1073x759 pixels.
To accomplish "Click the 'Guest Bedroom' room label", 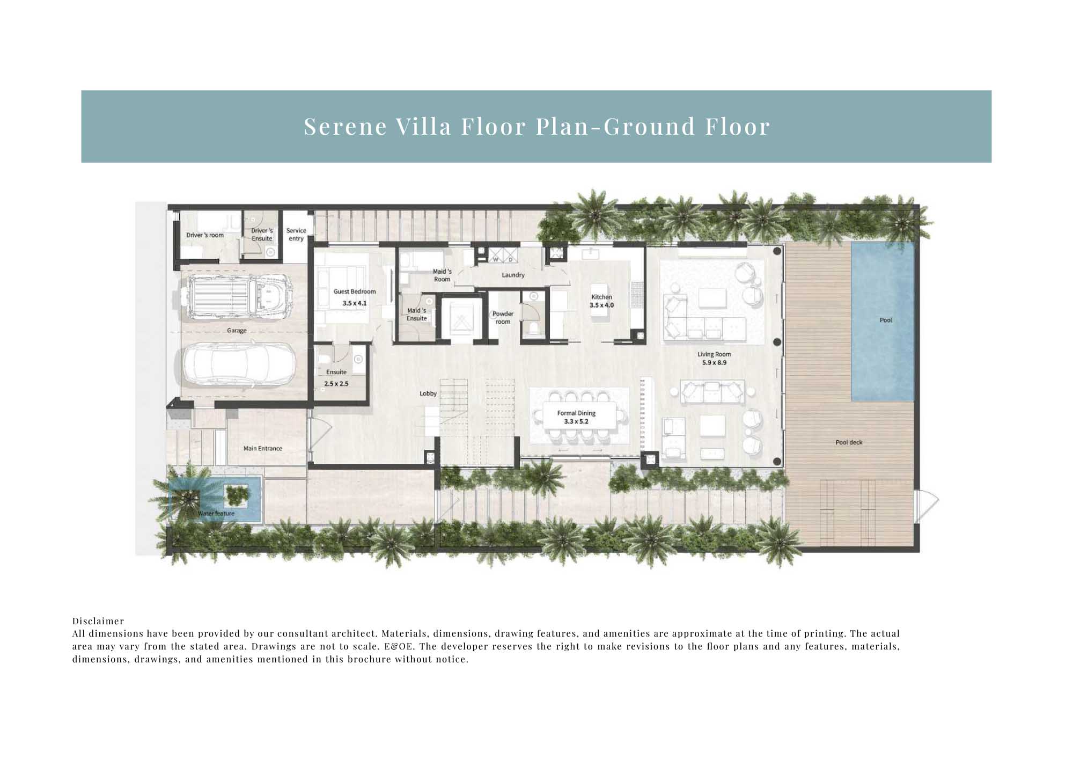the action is pos(355,291).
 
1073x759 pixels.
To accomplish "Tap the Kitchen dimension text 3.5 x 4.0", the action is pos(601,305).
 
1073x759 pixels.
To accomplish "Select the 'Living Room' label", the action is pos(714,354).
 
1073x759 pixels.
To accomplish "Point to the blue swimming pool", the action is pos(883,322).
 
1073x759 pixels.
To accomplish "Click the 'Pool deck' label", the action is pos(849,442).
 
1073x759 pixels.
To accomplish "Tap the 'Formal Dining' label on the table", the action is pos(576,413).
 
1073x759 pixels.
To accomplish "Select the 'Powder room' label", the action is pos(503,318).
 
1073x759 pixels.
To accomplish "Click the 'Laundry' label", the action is pos(513,275).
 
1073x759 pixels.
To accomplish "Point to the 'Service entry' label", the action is pos(296,235).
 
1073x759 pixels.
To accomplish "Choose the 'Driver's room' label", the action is pos(205,235).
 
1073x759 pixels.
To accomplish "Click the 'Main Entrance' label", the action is pos(263,448).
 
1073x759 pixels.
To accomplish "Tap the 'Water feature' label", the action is pos(216,514).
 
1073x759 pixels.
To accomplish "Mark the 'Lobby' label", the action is pos(428,393).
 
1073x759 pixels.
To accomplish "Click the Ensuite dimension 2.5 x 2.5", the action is pos(336,384).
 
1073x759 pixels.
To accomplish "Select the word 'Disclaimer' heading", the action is pos(98,621).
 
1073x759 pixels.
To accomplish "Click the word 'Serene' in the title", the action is pos(346,127).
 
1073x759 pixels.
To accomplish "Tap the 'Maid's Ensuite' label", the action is pos(416,315).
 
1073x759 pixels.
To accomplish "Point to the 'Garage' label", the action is pos(237,331).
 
